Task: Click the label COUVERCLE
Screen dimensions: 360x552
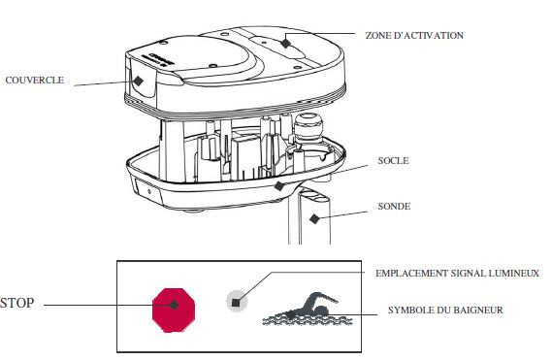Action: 34,81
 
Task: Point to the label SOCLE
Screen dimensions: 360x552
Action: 392,162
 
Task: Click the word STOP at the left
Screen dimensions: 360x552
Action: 16,304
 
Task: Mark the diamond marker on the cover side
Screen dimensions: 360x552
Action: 140,82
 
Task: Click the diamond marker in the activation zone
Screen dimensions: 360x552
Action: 286,43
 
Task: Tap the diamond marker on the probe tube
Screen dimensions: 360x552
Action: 313,218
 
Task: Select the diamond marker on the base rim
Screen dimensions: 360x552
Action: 279,184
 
